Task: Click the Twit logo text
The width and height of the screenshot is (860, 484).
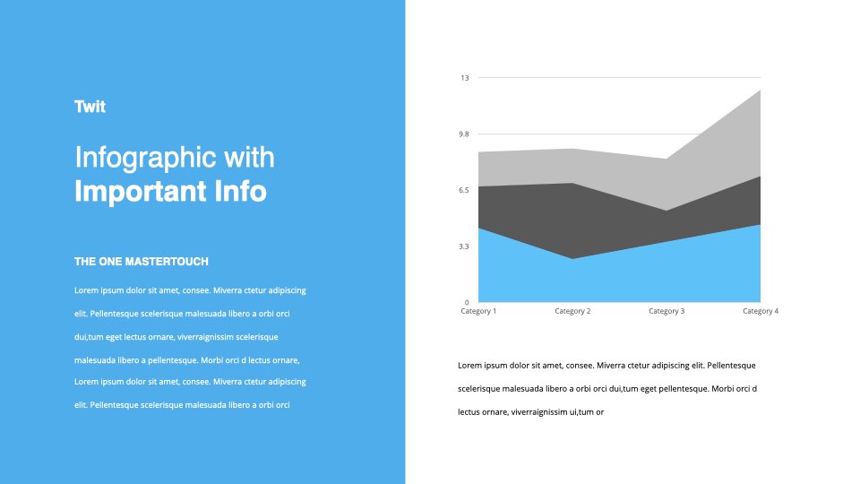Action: click(90, 107)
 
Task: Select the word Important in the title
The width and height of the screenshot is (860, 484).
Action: click(141, 191)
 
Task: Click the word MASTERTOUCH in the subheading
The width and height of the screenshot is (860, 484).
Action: click(167, 262)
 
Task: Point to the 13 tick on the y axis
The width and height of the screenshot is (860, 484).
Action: click(465, 78)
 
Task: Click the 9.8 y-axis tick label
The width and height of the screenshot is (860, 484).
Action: click(464, 134)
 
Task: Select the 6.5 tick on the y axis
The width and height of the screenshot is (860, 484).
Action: click(464, 190)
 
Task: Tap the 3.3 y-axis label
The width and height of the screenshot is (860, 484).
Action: click(464, 246)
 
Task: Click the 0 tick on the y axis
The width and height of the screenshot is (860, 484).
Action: click(467, 302)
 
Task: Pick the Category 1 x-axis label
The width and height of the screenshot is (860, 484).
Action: click(478, 311)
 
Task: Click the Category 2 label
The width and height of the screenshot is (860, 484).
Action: click(572, 311)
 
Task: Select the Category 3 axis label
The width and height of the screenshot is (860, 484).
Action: click(666, 311)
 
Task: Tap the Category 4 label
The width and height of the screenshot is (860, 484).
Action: click(761, 311)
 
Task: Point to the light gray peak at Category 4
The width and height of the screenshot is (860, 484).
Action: click(760, 91)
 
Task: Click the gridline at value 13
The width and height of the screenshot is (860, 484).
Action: click(619, 77)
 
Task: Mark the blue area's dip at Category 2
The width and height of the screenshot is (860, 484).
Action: click(572, 259)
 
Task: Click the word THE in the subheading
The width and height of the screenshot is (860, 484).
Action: click(85, 262)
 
